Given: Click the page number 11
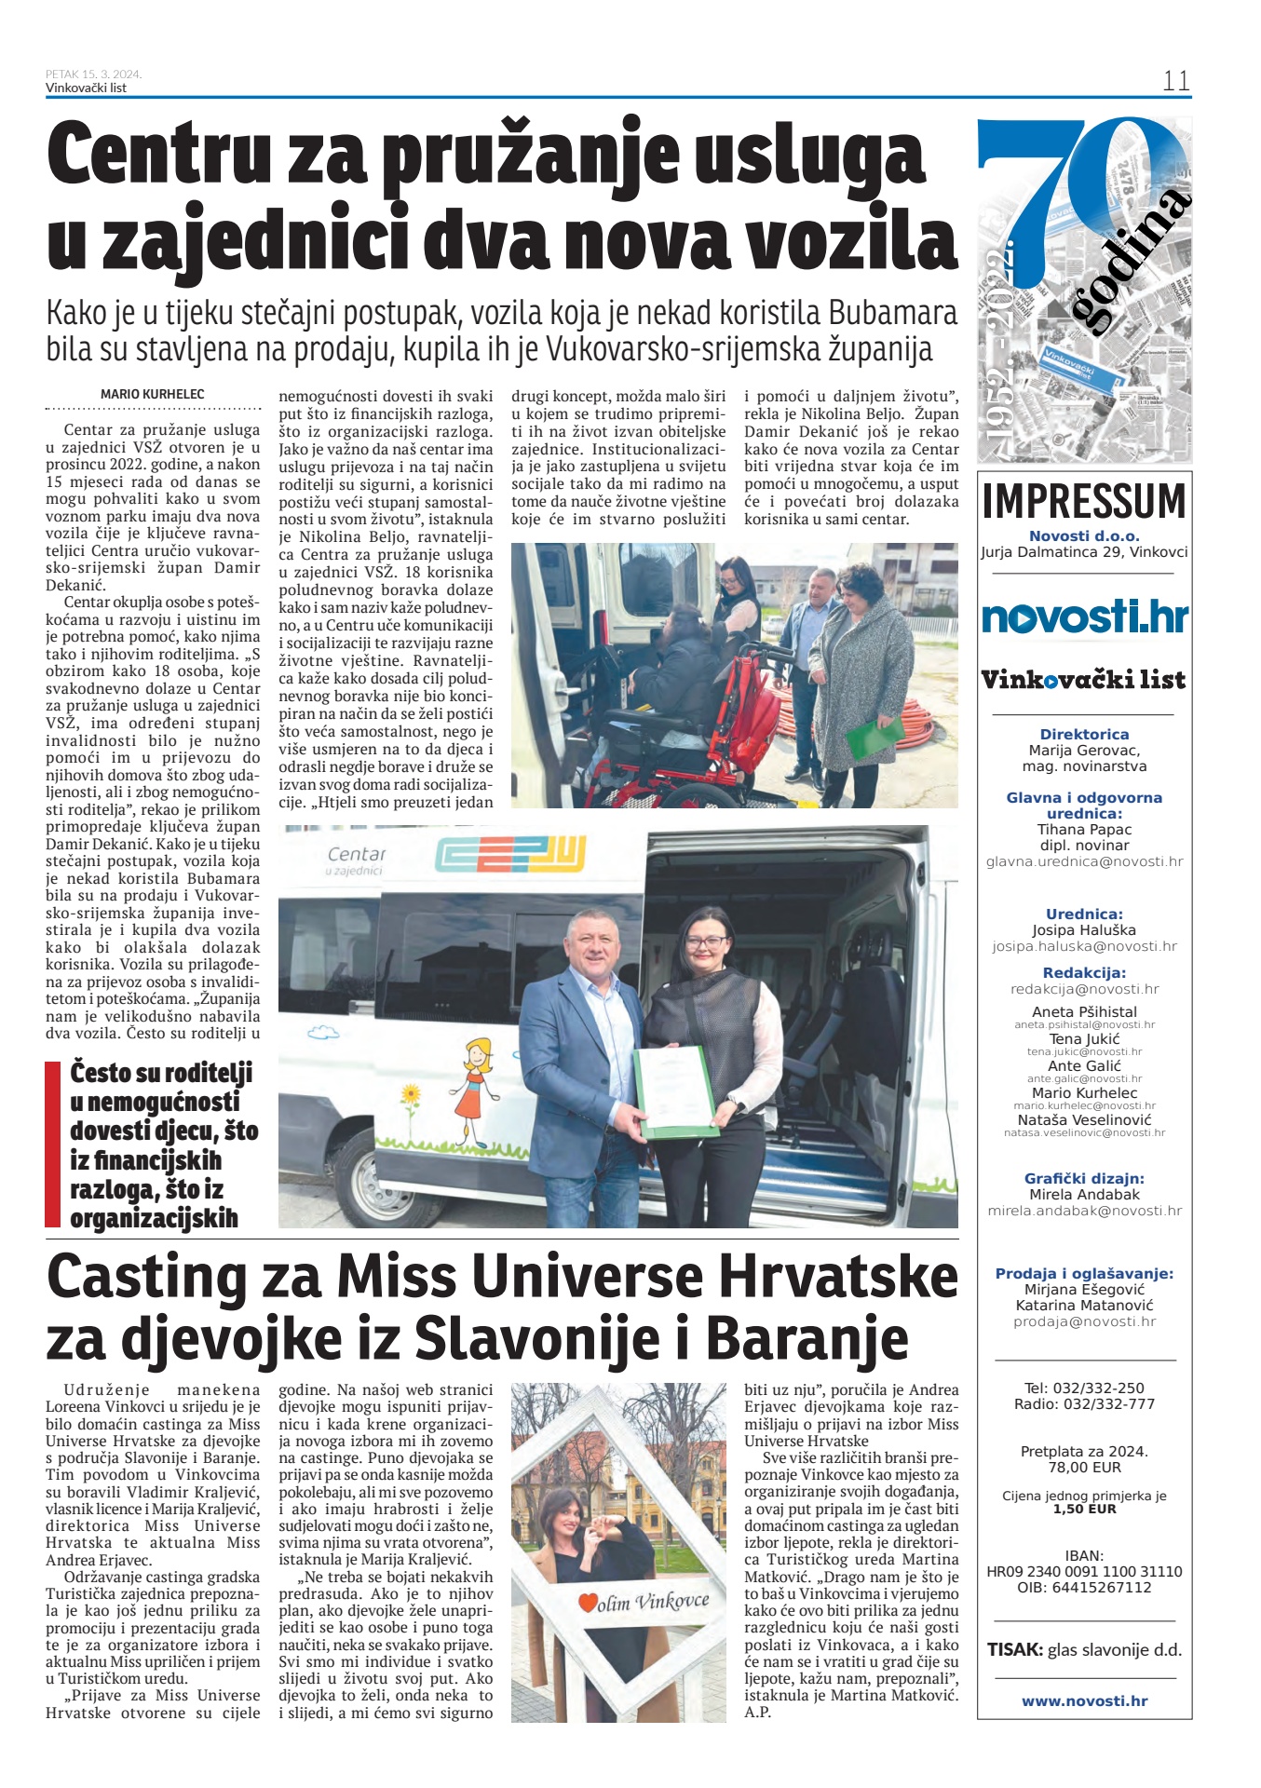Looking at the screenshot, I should point(1175,81).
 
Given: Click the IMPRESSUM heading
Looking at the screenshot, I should point(1084,501).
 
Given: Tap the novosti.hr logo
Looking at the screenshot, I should point(1084,617).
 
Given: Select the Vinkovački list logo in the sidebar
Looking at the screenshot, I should point(1084,680).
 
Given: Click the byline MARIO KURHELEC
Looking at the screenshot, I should point(153,394).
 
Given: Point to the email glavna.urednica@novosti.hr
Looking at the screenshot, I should point(1084,861).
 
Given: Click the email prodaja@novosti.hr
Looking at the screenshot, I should point(1084,1321).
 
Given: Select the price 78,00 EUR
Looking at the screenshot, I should point(1084,1467).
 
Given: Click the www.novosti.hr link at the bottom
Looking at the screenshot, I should point(1084,1700).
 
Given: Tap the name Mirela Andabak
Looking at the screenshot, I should point(1084,1194).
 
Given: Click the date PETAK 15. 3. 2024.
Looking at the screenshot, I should point(93,74).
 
